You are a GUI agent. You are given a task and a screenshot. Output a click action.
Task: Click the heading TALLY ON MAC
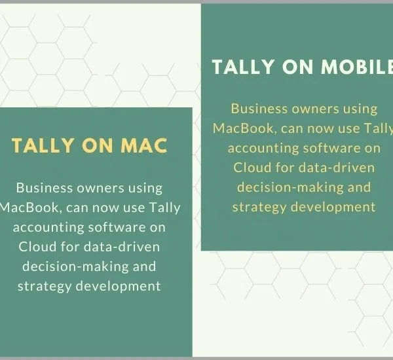coord(90,145)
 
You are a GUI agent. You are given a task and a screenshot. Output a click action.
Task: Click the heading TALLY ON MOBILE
coord(303,67)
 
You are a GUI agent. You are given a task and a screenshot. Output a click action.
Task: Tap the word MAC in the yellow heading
coord(144,145)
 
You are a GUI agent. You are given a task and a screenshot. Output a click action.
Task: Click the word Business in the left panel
coord(45,188)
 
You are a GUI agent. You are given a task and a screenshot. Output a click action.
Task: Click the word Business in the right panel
coord(259,109)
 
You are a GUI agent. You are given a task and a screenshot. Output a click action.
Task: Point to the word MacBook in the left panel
coord(30,207)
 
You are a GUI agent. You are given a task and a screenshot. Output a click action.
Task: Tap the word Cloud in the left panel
coord(37,247)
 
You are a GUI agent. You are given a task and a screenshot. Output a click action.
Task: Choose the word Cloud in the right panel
coord(252,168)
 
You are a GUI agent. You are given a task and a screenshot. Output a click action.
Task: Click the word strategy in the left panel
coord(45,286)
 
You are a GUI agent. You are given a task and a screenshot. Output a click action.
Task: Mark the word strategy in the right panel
coord(259,207)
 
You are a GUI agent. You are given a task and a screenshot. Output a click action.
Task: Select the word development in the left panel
coord(118,286)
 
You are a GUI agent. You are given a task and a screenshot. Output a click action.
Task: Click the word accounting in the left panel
coord(48,228)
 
